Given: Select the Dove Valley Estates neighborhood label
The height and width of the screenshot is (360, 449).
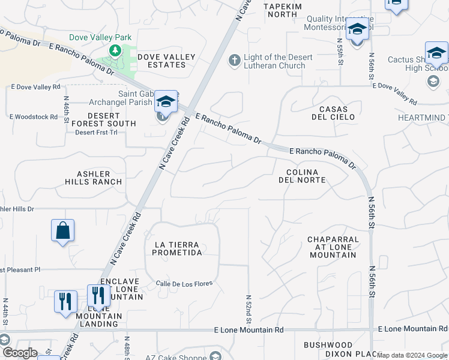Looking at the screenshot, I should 166,61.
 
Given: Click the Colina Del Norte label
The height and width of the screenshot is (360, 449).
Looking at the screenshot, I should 302,175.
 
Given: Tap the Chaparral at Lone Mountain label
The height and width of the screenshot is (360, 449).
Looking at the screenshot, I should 334,247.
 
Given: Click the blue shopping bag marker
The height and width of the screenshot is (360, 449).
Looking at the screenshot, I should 62,230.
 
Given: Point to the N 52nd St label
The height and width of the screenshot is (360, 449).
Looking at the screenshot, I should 248,308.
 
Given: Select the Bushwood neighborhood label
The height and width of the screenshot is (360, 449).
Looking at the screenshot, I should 328,345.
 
